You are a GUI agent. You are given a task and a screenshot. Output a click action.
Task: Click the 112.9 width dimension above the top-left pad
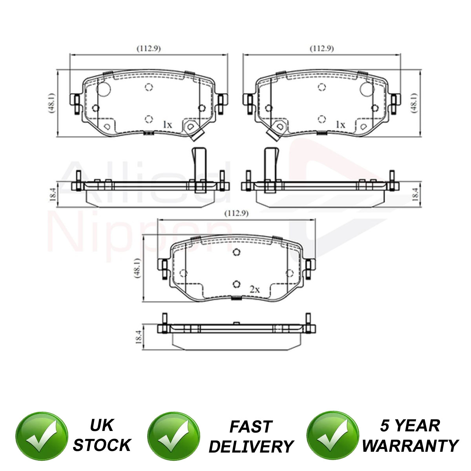tap(149, 49)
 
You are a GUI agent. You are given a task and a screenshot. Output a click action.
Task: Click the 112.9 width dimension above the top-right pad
tap(322, 49)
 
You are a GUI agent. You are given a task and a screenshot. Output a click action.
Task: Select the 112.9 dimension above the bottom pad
tap(236, 214)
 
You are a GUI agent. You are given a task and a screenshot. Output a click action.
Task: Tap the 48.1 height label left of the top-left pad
tap(52, 103)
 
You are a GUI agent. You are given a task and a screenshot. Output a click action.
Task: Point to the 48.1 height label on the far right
tap(414, 103)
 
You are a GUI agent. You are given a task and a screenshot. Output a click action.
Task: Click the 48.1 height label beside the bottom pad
tap(137, 268)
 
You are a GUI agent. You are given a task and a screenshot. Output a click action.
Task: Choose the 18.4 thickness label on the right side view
tap(415, 195)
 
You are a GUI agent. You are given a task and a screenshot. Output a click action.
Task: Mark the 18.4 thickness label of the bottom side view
tap(138, 337)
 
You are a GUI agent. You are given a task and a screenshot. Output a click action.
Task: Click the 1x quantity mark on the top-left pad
tap(168, 125)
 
